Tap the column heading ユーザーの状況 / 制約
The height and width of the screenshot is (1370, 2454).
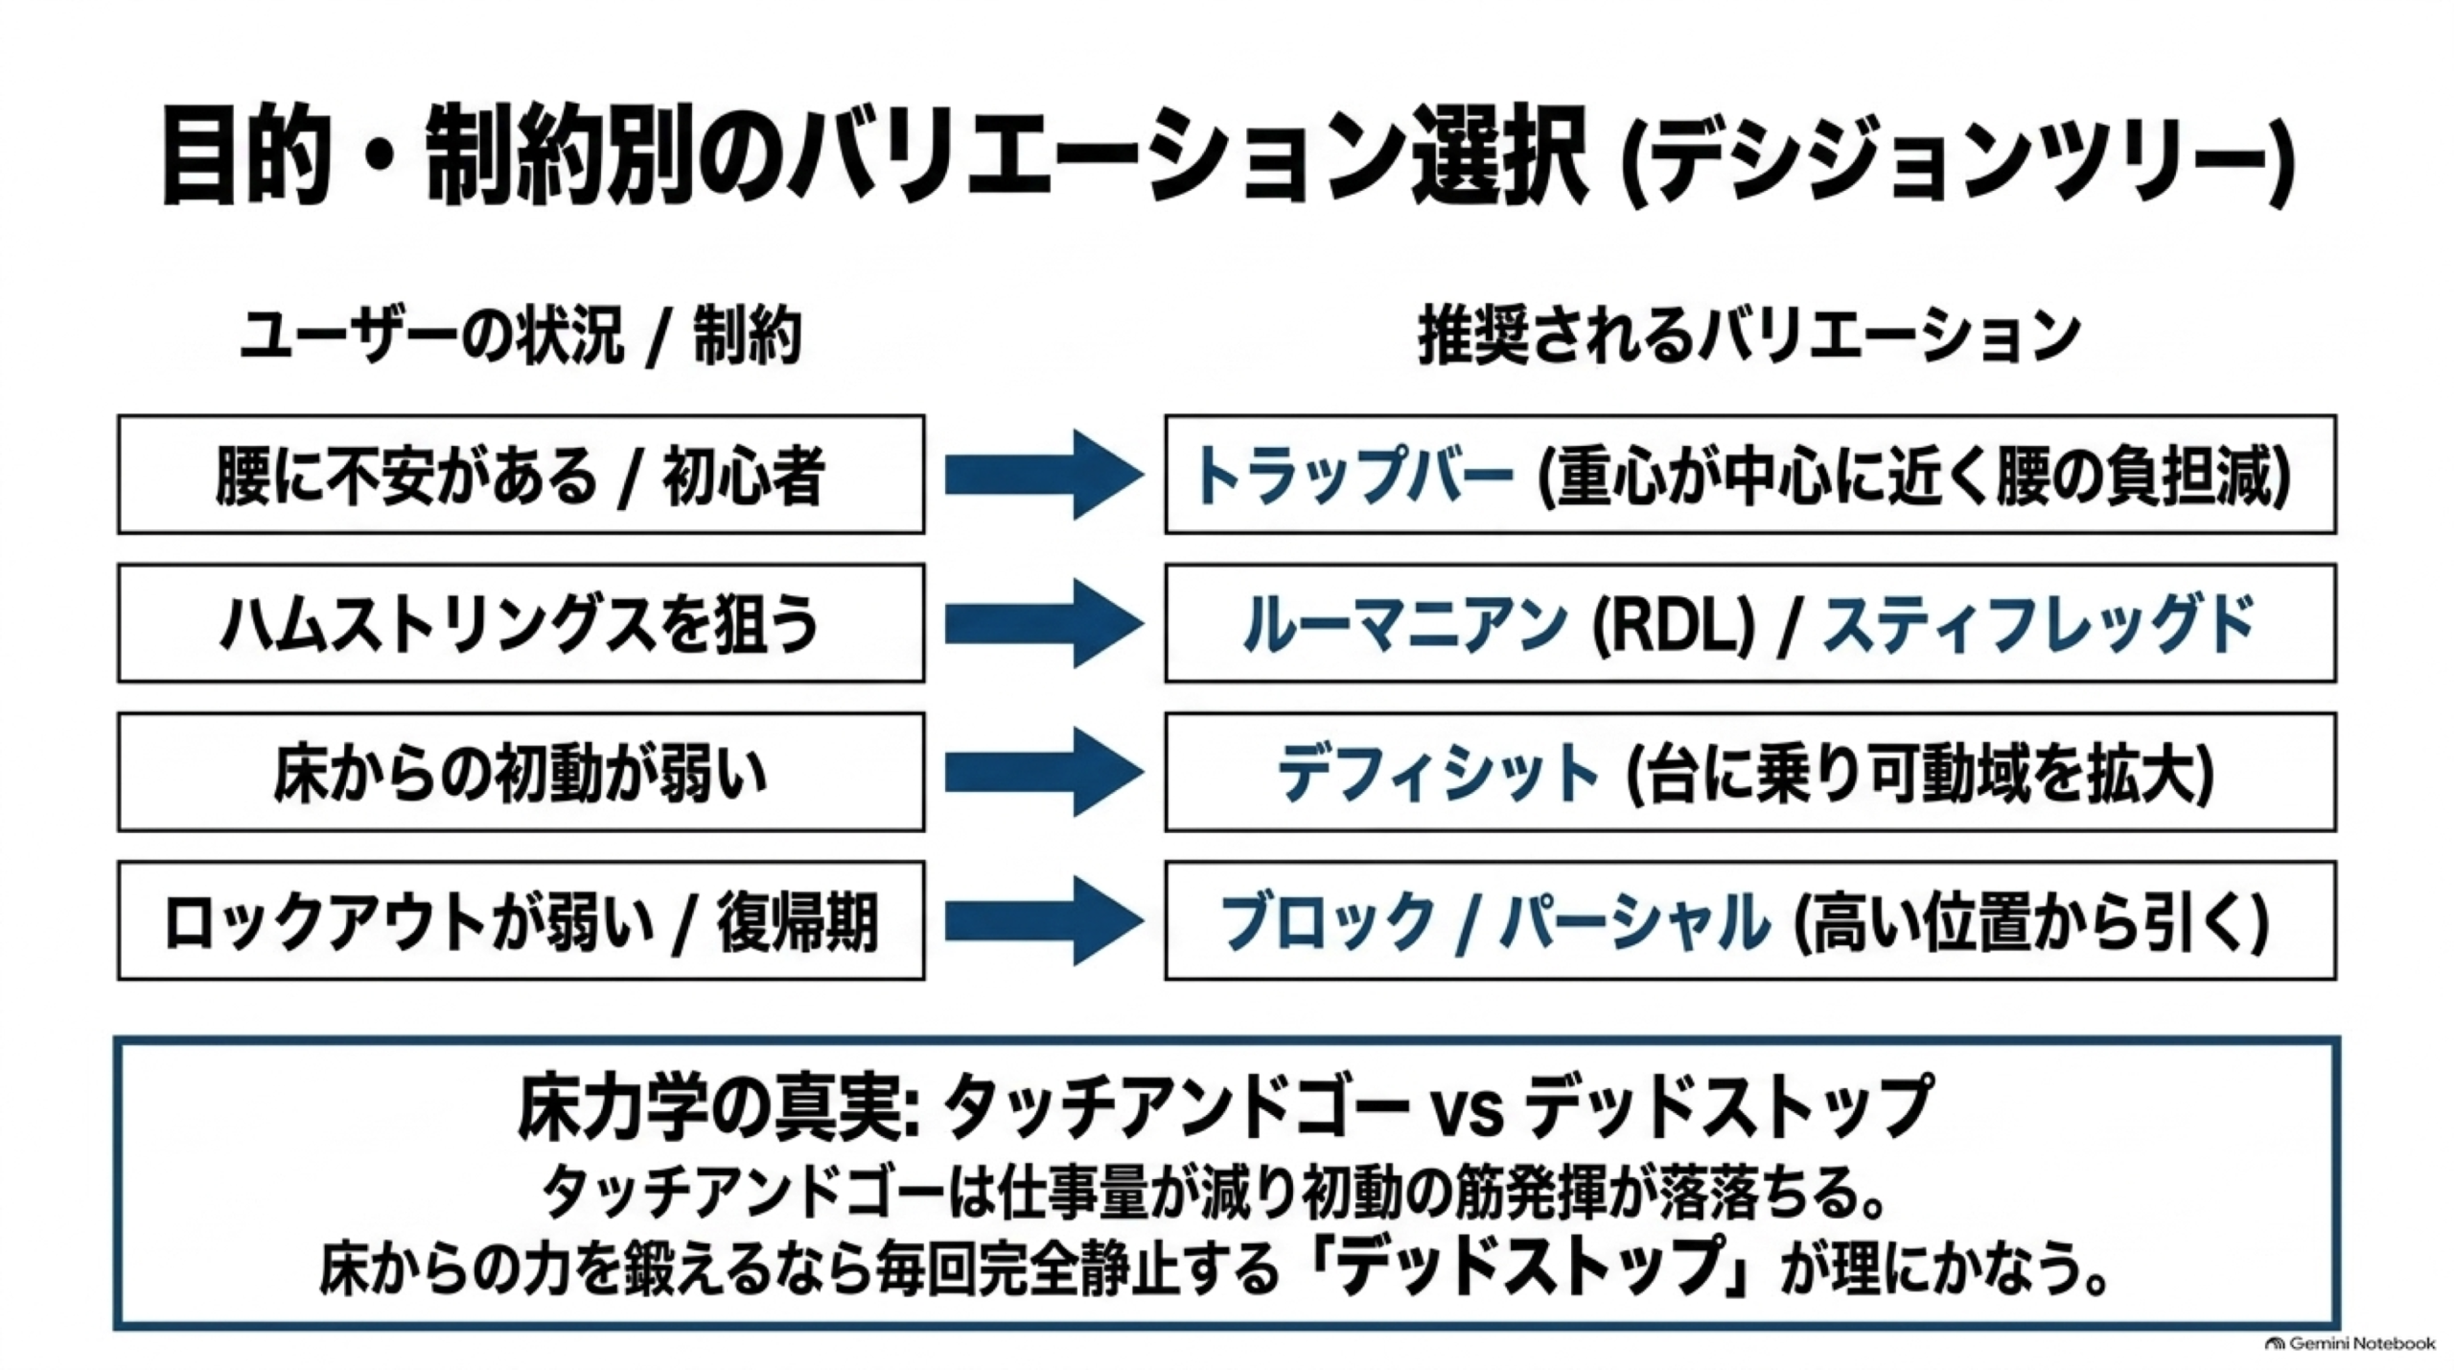coord(521,337)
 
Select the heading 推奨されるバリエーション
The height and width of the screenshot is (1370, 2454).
coord(1748,337)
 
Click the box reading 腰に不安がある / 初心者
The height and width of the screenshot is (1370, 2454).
coord(521,474)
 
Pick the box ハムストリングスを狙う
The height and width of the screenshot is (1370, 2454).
coord(521,623)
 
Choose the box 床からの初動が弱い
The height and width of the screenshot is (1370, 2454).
coord(521,772)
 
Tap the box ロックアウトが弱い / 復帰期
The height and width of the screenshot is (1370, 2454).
coord(521,920)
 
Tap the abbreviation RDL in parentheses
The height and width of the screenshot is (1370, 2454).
coord(1673,624)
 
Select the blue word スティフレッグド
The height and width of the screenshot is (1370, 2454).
coord(2038,624)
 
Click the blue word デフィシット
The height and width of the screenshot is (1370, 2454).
coord(1438,773)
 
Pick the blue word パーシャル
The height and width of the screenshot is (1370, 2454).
coord(1635,921)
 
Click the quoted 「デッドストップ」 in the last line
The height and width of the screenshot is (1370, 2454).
coord(1530,1266)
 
